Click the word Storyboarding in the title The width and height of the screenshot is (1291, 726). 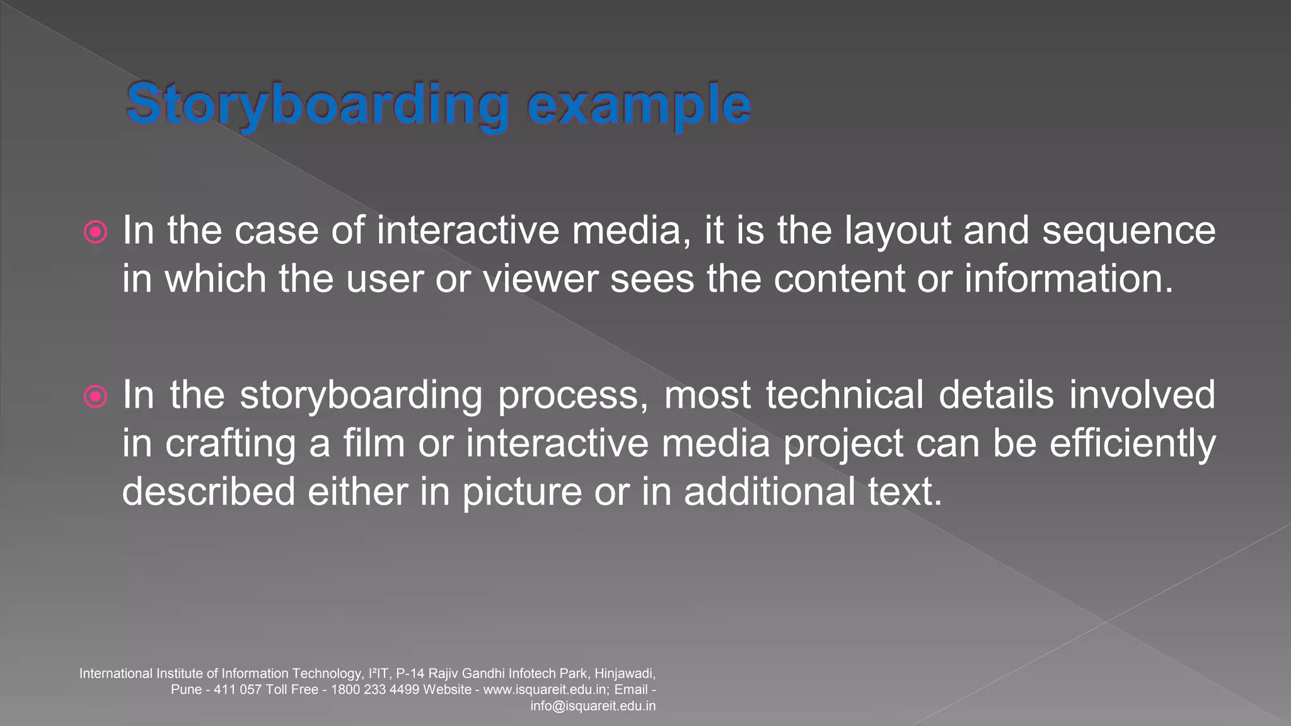coord(318,105)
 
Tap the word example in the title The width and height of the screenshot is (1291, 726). coord(639,105)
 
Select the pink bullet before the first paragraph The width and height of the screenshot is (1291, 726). coord(95,232)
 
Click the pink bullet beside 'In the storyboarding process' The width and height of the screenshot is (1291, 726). coord(95,396)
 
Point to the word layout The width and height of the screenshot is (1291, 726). coord(898,231)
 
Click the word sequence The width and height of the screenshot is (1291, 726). coord(1128,231)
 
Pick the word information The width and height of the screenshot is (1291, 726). coord(1068,279)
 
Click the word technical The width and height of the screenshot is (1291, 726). coord(845,395)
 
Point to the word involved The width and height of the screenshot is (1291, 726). coord(1142,395)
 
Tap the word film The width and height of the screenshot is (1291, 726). coord(374,443)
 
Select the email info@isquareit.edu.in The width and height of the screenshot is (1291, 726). coord(593,706)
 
